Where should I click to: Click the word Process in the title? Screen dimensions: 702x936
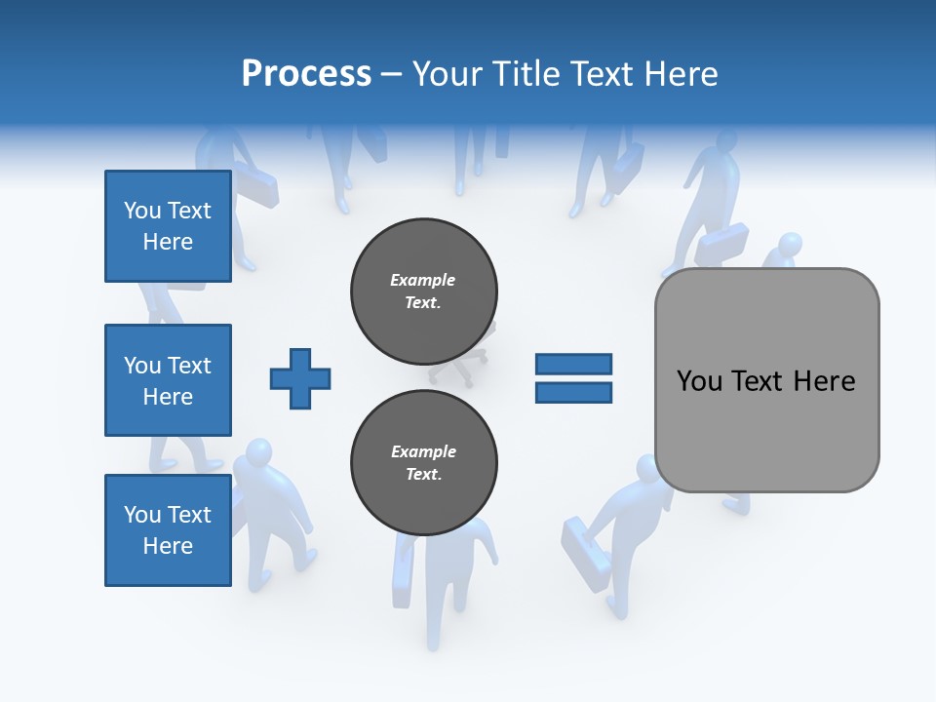(x=306, y=73)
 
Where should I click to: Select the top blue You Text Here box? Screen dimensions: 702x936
(x=168, y=226)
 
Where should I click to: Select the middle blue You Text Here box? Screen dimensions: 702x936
(x=168, y=380)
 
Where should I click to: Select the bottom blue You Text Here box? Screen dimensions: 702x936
(x=168, y=529)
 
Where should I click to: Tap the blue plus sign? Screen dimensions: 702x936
(x=300, y=378)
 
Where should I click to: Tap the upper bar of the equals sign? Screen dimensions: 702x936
(x=573, y=365)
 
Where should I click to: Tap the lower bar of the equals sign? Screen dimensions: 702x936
(x=573, y=393)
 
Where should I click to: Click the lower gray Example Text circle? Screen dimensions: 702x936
(x=424, y=462)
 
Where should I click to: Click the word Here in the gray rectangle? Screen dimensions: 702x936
(x=824, y=381)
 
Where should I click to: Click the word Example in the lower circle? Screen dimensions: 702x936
(x=423, y=451)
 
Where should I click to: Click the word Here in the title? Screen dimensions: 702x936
(x=681, y=73)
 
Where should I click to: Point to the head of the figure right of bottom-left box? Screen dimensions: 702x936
(x=258, y=453)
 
